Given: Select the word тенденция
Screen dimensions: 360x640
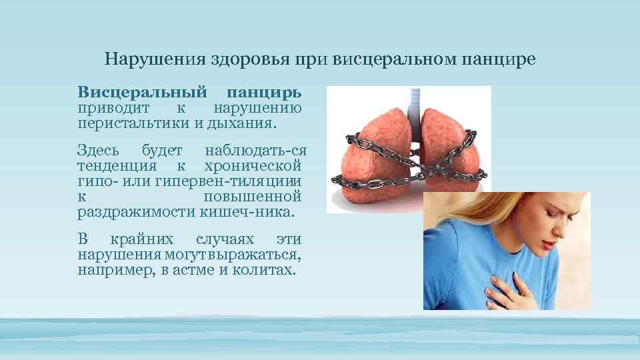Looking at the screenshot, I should (x=117, y=165).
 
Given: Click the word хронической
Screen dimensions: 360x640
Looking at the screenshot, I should (x=253, y=165).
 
